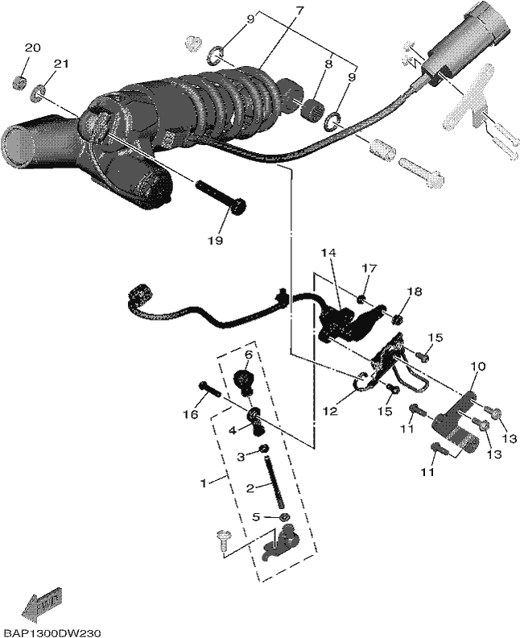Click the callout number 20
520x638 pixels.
pos(33,48)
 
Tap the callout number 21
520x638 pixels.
pos(60,64)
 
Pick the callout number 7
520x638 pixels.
pos(299,11)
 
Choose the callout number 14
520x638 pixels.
pos(328,253)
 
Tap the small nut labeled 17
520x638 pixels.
pos(361,300)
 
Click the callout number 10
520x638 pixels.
pos(478,367)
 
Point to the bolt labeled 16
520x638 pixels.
pos(209,389)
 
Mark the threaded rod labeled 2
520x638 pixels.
pos(274,483)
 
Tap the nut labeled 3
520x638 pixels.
pos(264,449)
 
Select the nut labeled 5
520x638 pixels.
pos(284,517)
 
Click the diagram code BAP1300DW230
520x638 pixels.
pos(51,633)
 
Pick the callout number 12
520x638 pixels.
pos(331,412)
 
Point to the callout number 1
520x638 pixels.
pos(204,483)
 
